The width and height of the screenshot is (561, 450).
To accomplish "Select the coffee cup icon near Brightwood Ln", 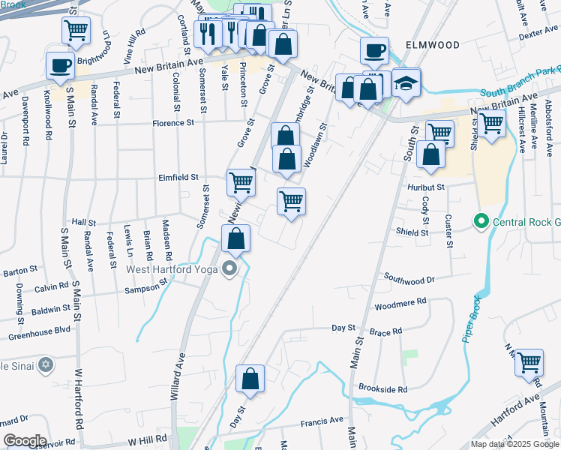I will (60, 64).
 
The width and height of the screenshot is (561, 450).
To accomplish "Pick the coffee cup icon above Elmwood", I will (374, 50).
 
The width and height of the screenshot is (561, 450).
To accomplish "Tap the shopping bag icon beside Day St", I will (250, 379).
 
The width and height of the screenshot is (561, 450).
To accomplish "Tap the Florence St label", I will (173, 122).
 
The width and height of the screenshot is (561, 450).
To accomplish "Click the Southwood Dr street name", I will (409, 279).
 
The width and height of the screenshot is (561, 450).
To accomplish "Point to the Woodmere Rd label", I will (400, 303).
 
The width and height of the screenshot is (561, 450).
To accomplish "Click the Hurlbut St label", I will (427, 187).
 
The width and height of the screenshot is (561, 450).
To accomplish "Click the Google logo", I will (25, 441).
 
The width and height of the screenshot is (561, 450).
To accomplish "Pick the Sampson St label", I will (146, 288).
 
